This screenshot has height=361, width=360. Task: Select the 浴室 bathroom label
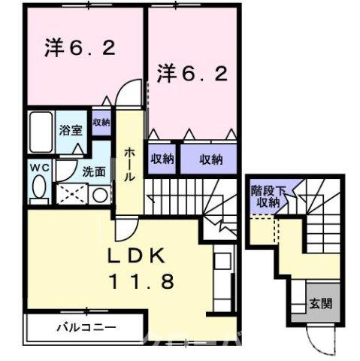click(x=71, y=129)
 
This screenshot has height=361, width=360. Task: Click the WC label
click(x=40, y=167)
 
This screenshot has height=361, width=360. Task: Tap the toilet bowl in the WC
click(x=40, y=189)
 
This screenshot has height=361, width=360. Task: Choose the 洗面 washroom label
click(x=93, y=171)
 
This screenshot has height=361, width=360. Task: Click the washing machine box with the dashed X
click(x=71, y=193)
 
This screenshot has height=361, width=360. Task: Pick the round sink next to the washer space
click(x=101, y=194)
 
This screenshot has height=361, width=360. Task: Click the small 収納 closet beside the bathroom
click(x=101, y=122)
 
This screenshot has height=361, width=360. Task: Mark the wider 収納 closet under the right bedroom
click(x=211, y=159)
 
